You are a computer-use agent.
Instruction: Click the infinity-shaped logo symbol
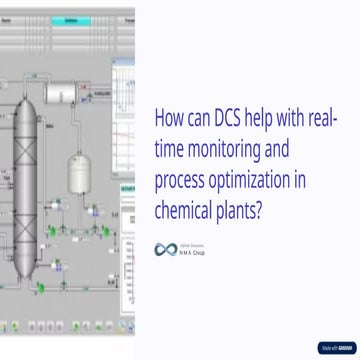tap(165, 249)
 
